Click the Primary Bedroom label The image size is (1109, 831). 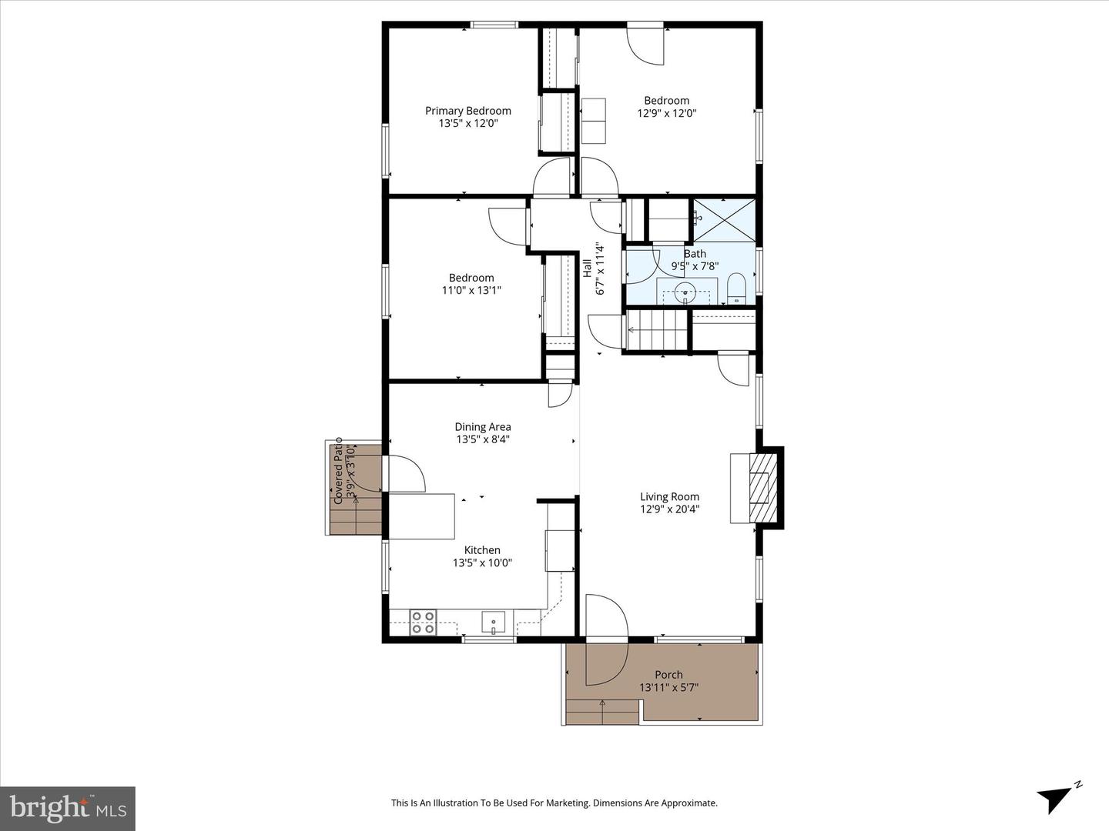tap(467, 111)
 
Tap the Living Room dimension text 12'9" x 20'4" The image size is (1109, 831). tap(669, 509)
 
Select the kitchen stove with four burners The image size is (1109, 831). tap(423, 622)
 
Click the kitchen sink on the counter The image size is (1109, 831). tap(493, 622)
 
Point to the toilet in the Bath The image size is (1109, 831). tap(736, 289)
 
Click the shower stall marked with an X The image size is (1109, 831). tap(725, 221)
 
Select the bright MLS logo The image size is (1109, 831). tap(68, 808)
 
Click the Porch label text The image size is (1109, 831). tap(668, 675)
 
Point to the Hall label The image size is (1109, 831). tap(587, 268)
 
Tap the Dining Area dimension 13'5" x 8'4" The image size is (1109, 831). tap(483, 439)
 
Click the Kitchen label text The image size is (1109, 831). tap(482, 550)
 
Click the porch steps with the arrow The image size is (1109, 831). tap(602, 712)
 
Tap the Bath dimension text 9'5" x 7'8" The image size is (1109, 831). tap(695, 266)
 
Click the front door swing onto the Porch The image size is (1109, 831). tap(606, 639)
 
